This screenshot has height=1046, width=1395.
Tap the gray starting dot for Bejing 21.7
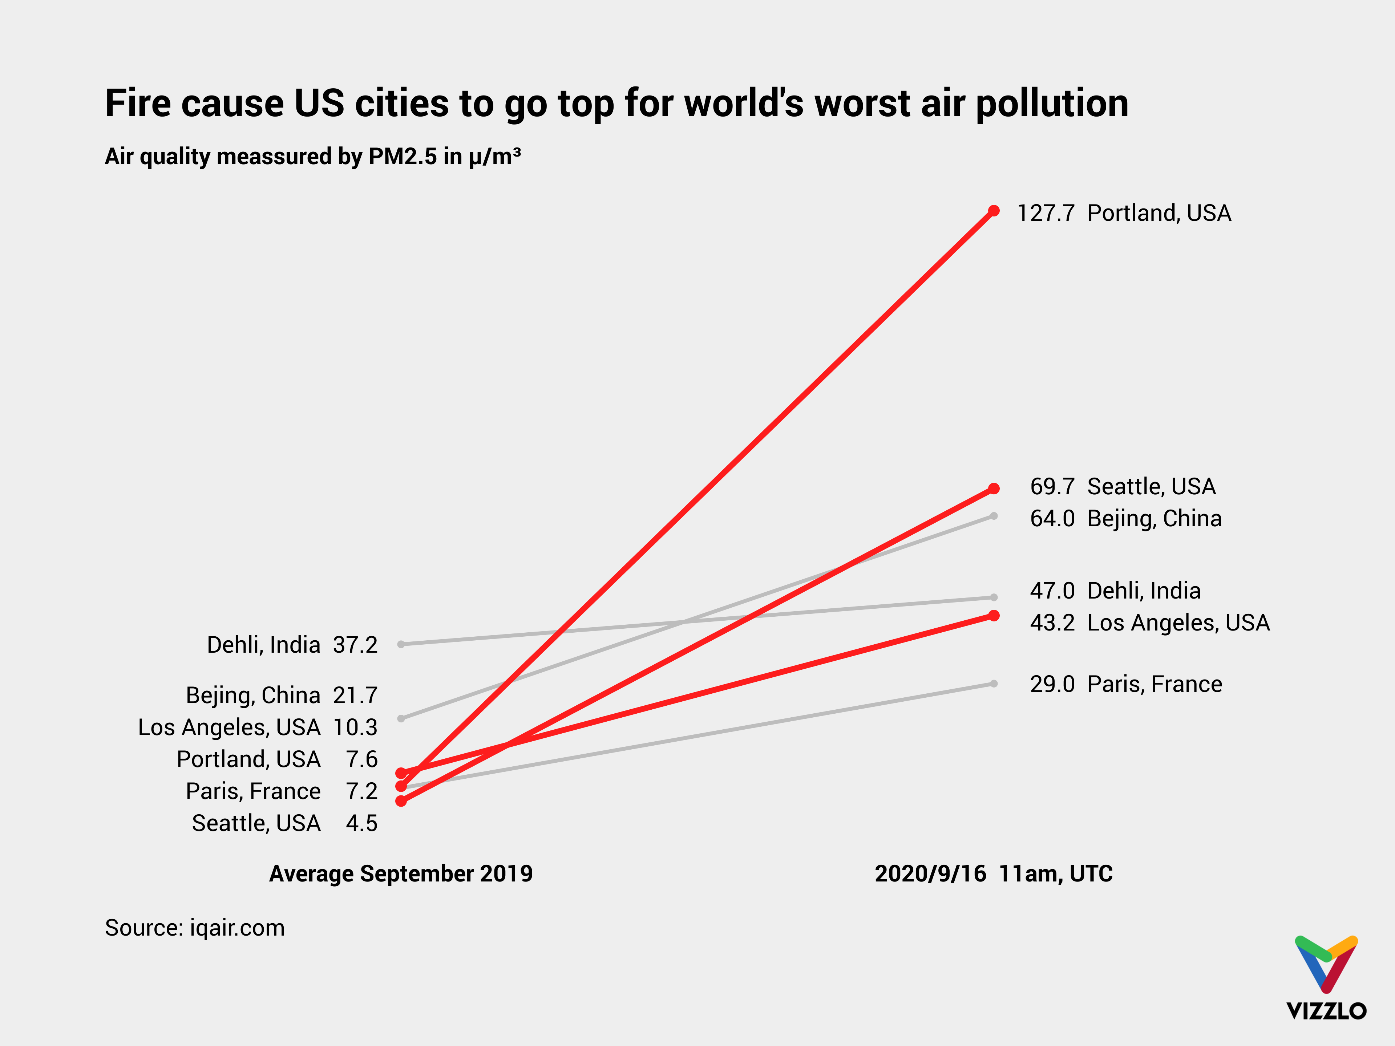[401, 718]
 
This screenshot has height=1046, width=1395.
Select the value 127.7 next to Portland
[1046, 213]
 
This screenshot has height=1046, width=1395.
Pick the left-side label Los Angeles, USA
[229, 727]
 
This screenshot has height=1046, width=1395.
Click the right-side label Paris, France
[1155, 684]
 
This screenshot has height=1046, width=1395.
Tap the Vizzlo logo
[1326, 977]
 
